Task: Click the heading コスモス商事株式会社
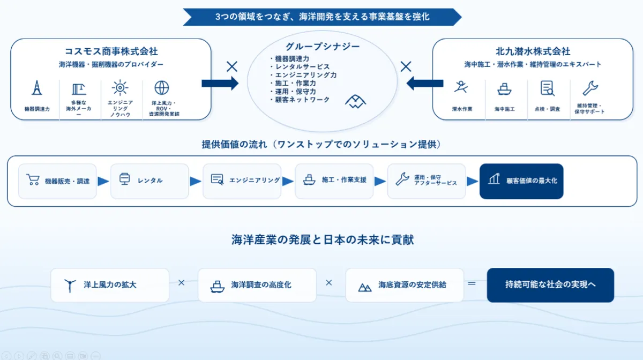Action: [x=111, y=51]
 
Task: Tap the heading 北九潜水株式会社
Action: [x=533, y=51]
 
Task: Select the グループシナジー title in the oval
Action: [x=323, y=46]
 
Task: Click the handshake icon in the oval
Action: [x=355, y=102]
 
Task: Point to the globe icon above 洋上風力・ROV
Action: [x=162, y=87]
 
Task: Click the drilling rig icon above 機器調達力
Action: [x=37, y=87]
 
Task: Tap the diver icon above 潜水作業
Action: [x=461, y=87]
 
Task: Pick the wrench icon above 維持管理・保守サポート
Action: [x=590, y=88]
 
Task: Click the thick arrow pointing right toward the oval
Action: [x=220, y=84]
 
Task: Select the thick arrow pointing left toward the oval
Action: [x=425, y=84]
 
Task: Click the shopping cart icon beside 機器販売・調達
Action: [x=33, y=179]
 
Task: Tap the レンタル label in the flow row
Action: [x=150, y=181]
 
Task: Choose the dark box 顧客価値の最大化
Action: [x=521, y=181]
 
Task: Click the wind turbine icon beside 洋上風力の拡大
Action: [x=70, y=286]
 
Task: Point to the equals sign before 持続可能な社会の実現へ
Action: [x=472, y=283]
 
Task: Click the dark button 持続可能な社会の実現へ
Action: [x=550, y=285]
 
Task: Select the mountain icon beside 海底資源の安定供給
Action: [x=365, y=287]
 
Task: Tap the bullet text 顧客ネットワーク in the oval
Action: [x=302, y=100]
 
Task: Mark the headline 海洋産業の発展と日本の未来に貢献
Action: [x=323, y=239]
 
